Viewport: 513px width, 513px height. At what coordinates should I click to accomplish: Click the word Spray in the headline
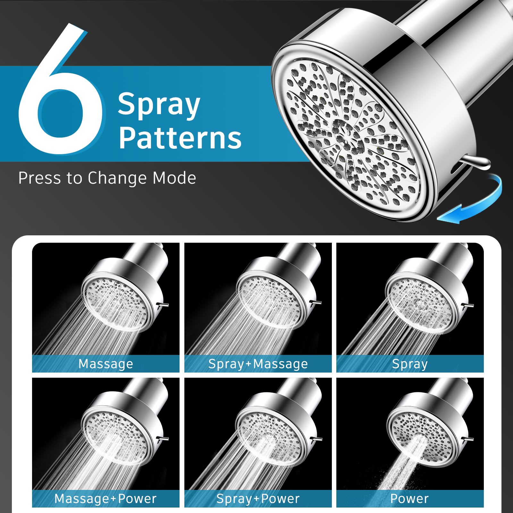159,104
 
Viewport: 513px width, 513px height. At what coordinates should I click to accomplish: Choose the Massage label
106,364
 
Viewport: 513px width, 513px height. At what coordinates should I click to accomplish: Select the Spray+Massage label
258,364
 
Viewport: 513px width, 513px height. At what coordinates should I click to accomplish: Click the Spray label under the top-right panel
410,364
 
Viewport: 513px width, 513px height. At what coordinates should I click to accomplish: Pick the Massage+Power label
106,499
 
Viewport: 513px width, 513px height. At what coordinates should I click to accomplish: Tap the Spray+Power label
258,499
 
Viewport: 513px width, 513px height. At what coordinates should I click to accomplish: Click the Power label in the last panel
409,499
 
